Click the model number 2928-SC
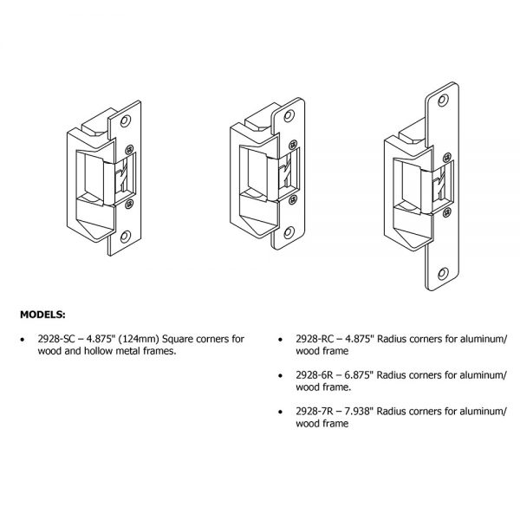[74, 341]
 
